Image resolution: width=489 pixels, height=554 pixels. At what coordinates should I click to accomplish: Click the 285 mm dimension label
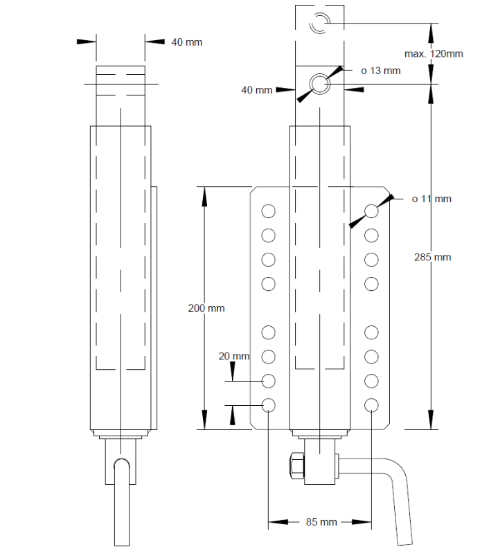pyautogui.click(x=432, y=257)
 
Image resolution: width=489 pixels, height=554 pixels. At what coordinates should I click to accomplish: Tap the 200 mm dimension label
pyautogui.click(x=206, y=308)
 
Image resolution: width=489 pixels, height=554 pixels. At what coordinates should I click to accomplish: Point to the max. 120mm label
pyautogui.click(x=434, y=53)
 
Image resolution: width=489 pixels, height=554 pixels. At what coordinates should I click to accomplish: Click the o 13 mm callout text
pyautogui.click(x=381, y=71)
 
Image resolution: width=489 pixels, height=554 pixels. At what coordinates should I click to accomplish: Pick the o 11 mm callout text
pyautogui.click(x=432, y=199)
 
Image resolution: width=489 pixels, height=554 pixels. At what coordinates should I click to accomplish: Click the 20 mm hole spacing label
pyautogui.click(x=233, y=356)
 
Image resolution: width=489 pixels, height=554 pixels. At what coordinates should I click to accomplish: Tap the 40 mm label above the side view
pyautogui.click(x=187, y=42)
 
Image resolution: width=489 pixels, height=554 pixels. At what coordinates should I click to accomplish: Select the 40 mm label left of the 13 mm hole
pyautogui.click(x=256, y=89)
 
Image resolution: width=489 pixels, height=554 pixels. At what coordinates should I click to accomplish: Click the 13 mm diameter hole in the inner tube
pyautogui.click(x=319, y=84)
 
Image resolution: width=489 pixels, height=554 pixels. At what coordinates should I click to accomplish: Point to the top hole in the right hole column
pyautogui.click(x=371, y=211)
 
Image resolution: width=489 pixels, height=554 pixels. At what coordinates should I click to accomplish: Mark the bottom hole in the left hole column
pyautogui.click(x=269, y=404)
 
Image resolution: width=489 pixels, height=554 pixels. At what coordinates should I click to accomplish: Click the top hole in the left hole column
pyautogui.click(x=269, y=211)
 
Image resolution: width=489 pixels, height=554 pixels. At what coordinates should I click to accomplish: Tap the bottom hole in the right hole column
pyautogui.click(x=371, y=404)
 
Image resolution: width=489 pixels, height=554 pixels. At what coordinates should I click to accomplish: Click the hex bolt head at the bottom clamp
pyautogui.click(x=294, y=465)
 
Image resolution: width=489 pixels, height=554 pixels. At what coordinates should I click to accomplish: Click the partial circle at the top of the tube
pyautogui.click(x=321, y=23)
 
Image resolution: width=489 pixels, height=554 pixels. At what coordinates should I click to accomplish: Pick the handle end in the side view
pyautogui.click(x=122, y=499)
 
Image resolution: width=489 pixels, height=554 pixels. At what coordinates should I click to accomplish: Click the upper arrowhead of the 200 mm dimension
pyautogui.click(x=204, y=195)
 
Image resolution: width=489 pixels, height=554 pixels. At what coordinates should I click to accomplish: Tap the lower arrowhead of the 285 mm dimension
pyautogui.click(x=431, y=420)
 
